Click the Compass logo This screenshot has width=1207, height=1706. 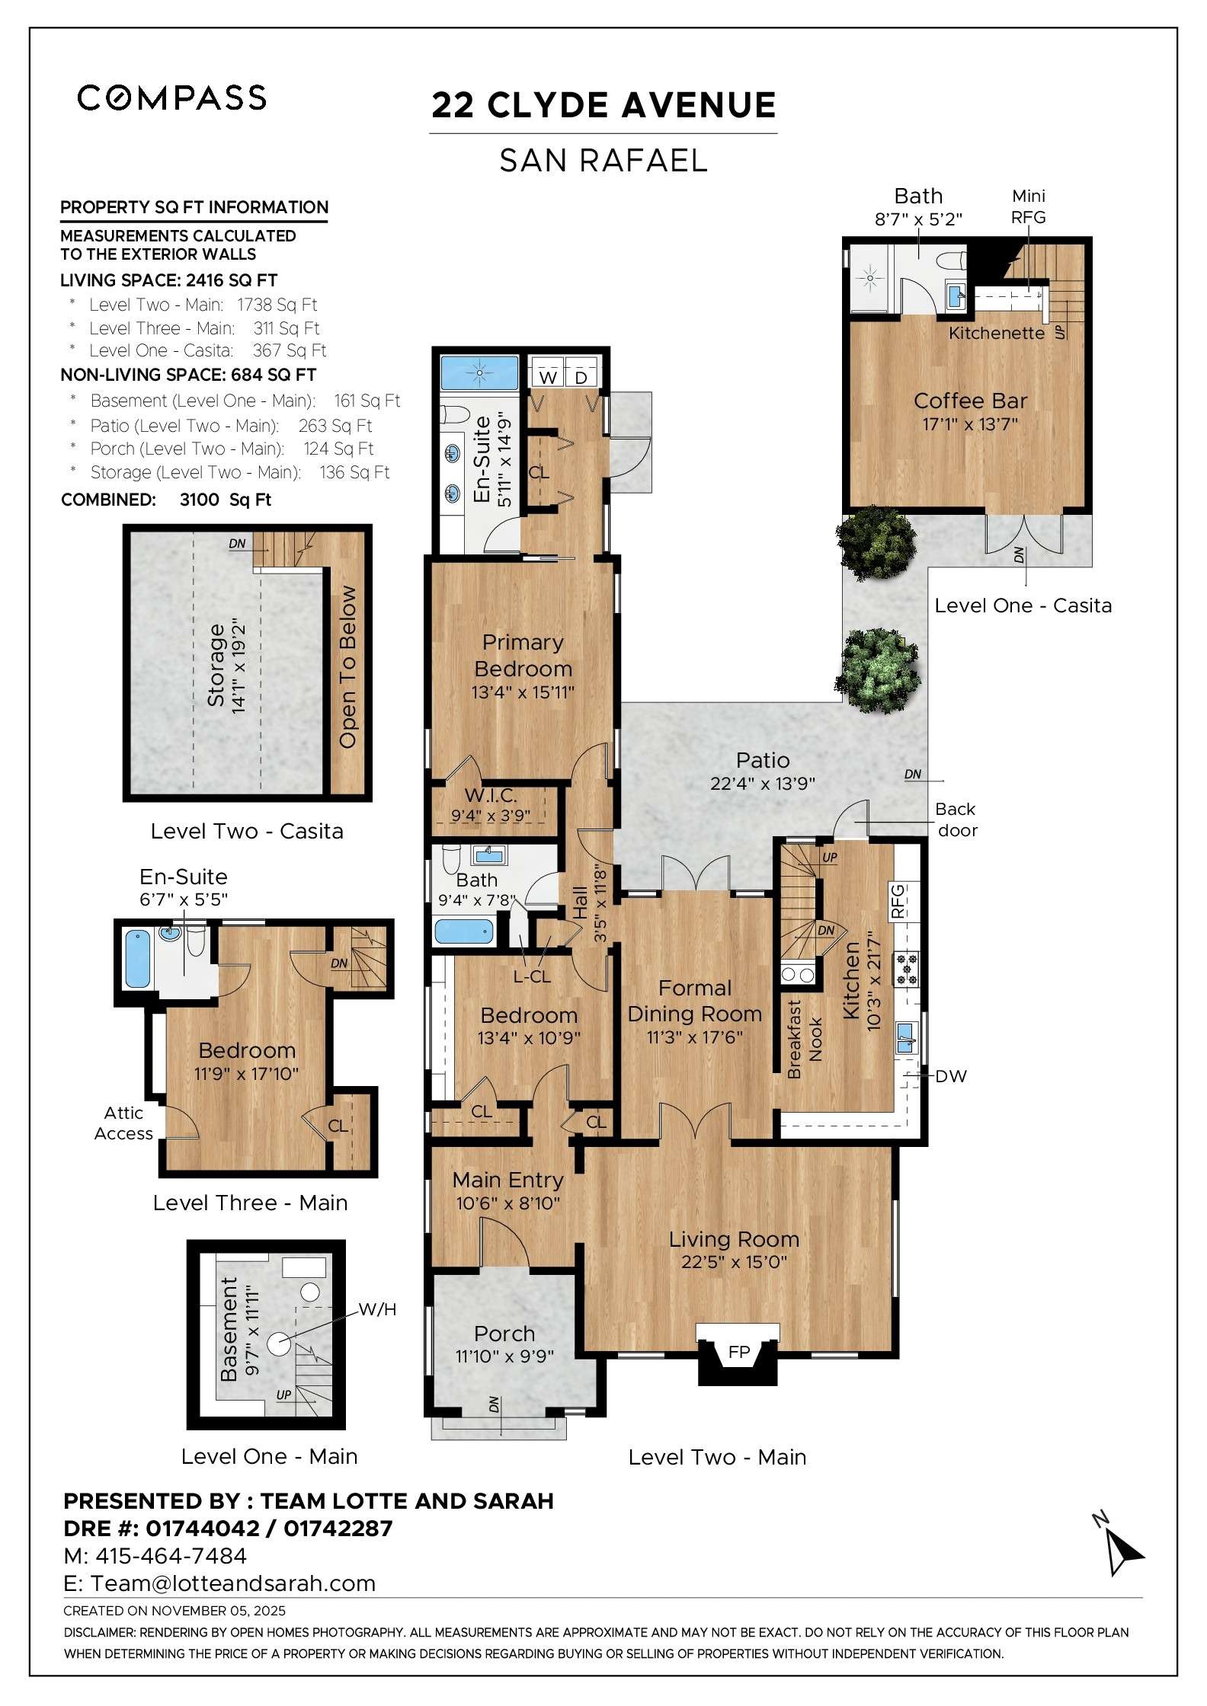[x=171, y=97]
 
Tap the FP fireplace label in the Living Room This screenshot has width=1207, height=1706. [x=738, y=1352]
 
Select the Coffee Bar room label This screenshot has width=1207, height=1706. [x=970, y=401]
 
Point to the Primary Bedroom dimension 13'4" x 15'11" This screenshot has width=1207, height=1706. [x=522, y=692]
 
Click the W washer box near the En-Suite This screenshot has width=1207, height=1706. [x=547, y=377]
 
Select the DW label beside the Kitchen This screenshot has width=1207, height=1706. [x=950, y=1076]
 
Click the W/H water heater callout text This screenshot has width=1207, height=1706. [x=377, y=1309]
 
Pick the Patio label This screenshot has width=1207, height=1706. [x=762, y=760]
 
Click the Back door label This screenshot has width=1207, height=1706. [x=957, y=819]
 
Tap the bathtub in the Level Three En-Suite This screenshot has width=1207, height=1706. [x=137, y=959]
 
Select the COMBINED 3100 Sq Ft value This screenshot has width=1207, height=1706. [x=226, y=500]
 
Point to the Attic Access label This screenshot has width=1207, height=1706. [x=123, y=1123]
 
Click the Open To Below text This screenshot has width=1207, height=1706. [x=347, y=666]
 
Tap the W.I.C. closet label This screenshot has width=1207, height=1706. [x=491, y=796]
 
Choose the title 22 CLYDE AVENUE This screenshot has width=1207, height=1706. [x=603, y=105]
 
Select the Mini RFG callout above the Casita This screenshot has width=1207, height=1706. [x=1028, y=206]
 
